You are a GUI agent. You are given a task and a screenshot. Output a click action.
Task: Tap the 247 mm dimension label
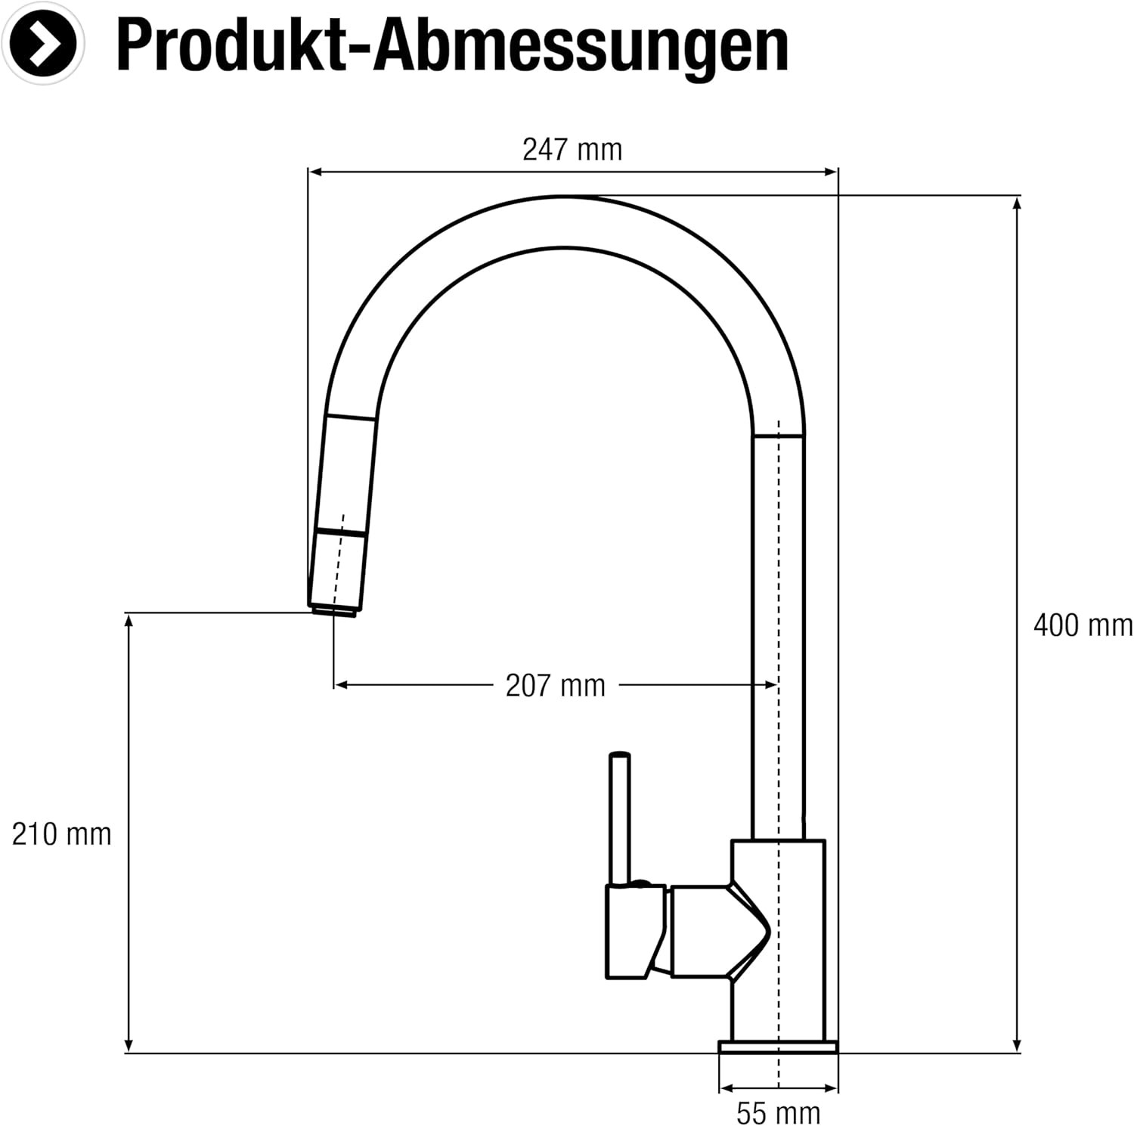coord(572,150)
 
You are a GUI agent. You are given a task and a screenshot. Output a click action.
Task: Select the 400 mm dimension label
coord(1083,625)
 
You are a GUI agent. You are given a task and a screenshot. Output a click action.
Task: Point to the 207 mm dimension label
coord(556,686)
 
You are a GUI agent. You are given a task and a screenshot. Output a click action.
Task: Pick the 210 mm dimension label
coord(61,834)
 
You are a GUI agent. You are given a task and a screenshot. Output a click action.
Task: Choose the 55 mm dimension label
coord(778,1113)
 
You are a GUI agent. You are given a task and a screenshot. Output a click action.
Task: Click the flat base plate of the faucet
coord(778,1047)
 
